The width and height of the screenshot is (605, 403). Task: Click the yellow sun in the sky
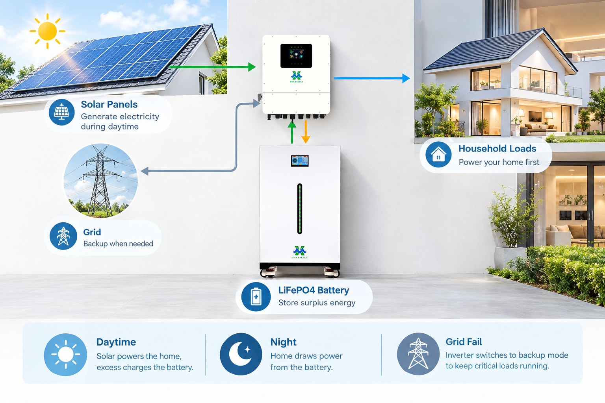click(x=48, y=31)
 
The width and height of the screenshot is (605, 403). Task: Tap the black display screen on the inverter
click(x=296, y=55)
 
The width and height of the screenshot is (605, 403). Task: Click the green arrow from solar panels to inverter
click(x=212, y=67)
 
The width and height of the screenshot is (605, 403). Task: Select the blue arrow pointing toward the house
click(x=372, y=78)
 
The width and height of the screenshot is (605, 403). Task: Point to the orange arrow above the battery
click(x=306, y=132)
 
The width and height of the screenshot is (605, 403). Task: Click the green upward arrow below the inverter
click(x=292, y=132)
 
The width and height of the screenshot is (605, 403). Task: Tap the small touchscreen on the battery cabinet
click(x=299, y=161)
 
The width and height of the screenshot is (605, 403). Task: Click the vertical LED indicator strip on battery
click(x=299, y=209)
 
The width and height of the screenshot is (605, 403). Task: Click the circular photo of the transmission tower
click(x=100, y=181)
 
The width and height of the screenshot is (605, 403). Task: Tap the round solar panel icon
click(x=61, y=112)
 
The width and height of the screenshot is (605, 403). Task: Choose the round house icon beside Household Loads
click(x=438, y=154)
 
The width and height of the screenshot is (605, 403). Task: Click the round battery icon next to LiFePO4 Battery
click(x=256, y=297)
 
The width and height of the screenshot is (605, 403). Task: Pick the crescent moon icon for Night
click(x=240, y=354)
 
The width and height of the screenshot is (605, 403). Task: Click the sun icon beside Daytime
click(x=66, y=355)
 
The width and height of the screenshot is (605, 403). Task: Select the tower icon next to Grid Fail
click(x=418, y=354)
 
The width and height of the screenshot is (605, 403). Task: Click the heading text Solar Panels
click(x=109, y=104)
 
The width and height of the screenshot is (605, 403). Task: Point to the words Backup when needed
click(x=118, y=244)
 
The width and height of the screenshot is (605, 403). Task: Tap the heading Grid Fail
click(x=464, y=342)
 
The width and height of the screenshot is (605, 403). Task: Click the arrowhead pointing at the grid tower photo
click(x=145, y=171)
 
